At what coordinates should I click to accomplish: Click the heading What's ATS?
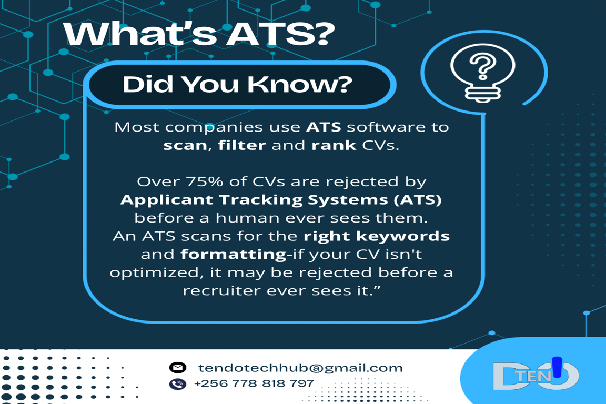(199, 34)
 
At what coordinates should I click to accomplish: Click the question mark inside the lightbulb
(483, 66)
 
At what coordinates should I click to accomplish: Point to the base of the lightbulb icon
(483, 94)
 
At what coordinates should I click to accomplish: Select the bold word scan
(185, 145)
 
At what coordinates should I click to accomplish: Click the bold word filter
(242, 145)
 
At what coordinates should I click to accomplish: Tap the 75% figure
(205, 181)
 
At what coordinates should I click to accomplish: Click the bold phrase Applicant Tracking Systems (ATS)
(281, 200)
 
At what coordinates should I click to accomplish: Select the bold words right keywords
(377, 236)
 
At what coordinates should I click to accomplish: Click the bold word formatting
(234, 255)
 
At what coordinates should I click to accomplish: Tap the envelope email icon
(178, 367)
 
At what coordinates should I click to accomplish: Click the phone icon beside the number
(178, 383)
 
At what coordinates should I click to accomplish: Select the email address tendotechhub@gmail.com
(301, 368)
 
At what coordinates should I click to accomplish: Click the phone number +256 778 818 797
(254, 383)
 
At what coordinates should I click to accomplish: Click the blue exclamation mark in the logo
(557, 367)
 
